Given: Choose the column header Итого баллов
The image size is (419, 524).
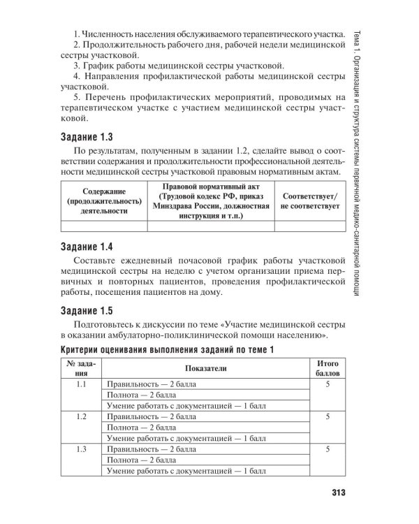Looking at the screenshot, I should click(328, 368).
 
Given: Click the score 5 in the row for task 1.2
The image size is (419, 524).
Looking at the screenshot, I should click(328, 416).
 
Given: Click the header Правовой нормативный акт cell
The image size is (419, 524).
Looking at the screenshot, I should click(210, 201).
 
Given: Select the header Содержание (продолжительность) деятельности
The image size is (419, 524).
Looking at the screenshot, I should click(103, 201).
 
